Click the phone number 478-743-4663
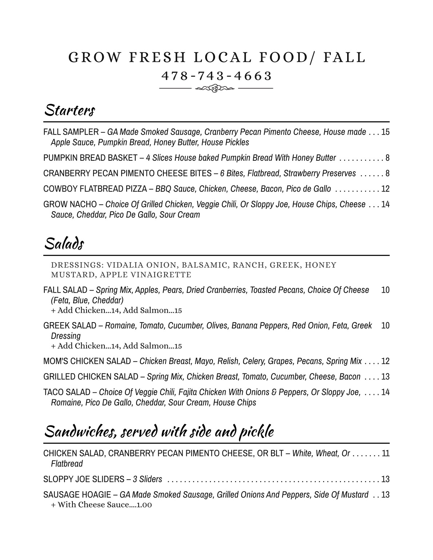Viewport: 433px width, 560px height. point(216,76)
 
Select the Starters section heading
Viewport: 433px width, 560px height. point(69,110)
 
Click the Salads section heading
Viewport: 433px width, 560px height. point(64,244)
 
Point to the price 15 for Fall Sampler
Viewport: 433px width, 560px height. point(385,132)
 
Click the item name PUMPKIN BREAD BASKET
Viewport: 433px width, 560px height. point(90,158)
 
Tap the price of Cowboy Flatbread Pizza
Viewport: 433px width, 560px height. point(385,189)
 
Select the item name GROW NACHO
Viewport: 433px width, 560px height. point(70,204)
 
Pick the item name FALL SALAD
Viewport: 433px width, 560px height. point(65,290)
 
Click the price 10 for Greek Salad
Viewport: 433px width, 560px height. point(385,325)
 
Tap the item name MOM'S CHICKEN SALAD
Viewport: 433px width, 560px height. point(87,361)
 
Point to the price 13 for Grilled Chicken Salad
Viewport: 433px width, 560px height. point(385,377)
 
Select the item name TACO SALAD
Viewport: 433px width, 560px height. point(67,392)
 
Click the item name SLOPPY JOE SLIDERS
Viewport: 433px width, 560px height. point(83,479)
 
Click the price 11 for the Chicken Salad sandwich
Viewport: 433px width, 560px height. point(385,453)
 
